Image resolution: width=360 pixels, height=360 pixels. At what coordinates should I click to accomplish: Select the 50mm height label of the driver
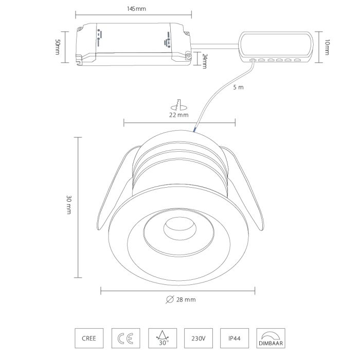(x=58, y=47)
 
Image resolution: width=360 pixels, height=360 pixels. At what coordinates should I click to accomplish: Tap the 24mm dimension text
(x=205, y=61)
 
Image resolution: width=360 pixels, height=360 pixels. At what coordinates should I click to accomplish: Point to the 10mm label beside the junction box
(x=327, y=47)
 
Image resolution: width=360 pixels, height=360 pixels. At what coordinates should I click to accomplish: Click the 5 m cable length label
(x=238, y=87)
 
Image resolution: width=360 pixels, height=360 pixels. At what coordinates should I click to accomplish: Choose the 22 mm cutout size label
(x=179, y=115)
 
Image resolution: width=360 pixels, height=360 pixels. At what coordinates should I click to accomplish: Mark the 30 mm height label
(x=69, y=205)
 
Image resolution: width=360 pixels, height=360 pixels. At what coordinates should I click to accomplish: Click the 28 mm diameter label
(x=186, y=300)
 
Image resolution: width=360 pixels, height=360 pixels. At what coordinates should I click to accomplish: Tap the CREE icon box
(x=89, y=338)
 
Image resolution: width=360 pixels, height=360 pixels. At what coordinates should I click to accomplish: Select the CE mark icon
(x=125, y=338)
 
